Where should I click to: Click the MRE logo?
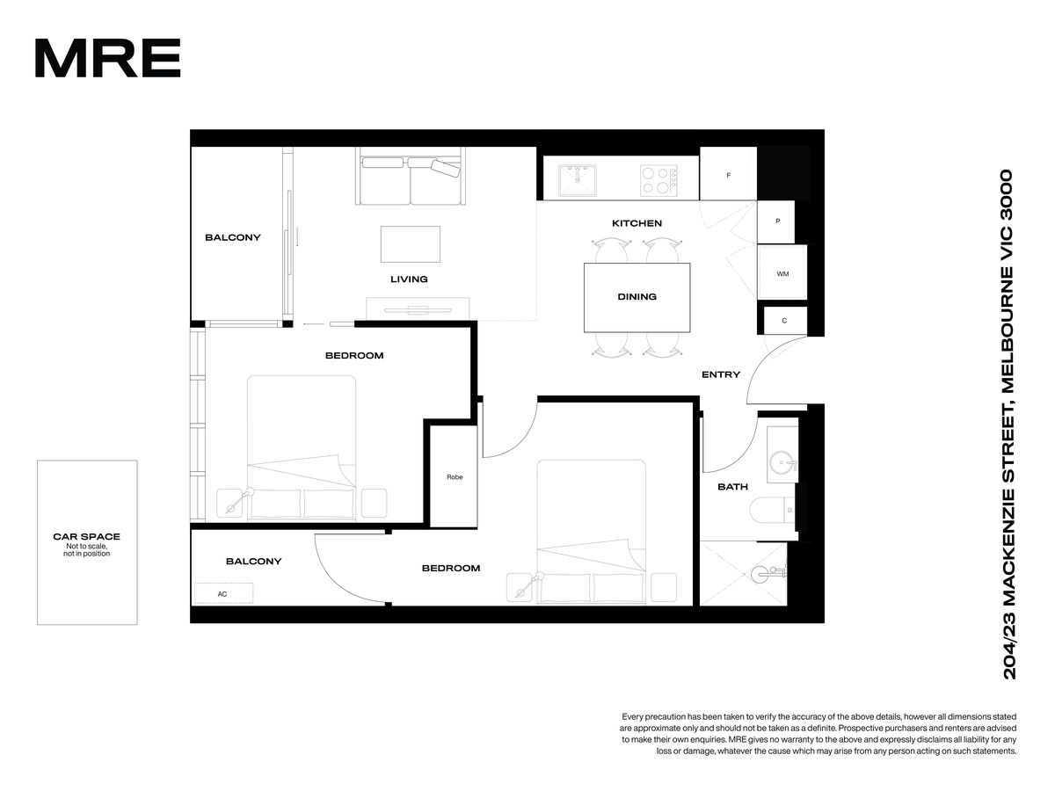pos(107,58)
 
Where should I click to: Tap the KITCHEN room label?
pos(637,223)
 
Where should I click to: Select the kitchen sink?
pos(577,180)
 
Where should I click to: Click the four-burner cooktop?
pos(658,180)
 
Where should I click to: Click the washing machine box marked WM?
pos(782,272)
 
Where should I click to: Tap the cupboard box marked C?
pos(785,320)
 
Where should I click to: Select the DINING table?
pos(637,297)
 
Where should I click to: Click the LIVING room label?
pos(409,279)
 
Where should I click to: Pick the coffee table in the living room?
pos(410,244)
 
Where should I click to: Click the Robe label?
pos(455,477)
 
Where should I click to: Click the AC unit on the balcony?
pos(223,593)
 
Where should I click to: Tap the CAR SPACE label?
pos(86,536)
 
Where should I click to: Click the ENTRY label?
pos(720,374)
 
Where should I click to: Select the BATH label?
pos(732,487)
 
